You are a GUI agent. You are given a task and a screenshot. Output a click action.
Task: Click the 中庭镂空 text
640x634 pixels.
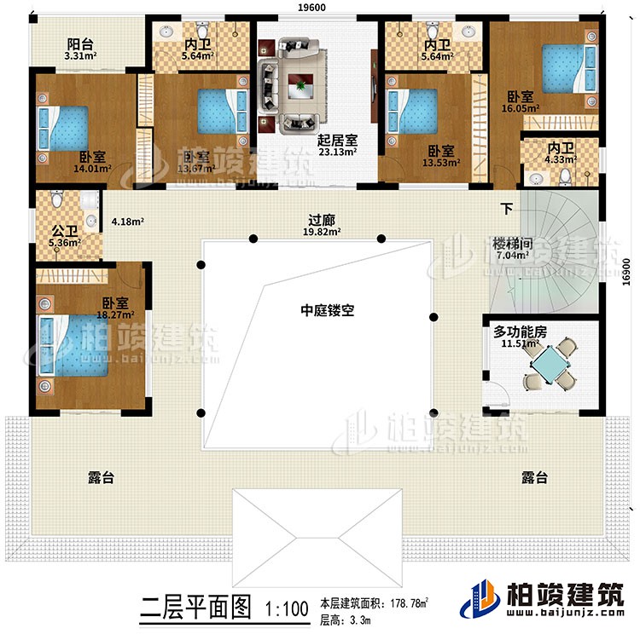(329, 311)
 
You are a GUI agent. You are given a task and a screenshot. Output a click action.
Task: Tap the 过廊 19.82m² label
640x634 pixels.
(320, 224)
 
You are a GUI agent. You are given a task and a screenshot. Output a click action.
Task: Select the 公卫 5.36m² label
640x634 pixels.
(63, 235)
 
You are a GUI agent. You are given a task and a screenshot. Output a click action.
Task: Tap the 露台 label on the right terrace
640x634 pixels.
(534, 478)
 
